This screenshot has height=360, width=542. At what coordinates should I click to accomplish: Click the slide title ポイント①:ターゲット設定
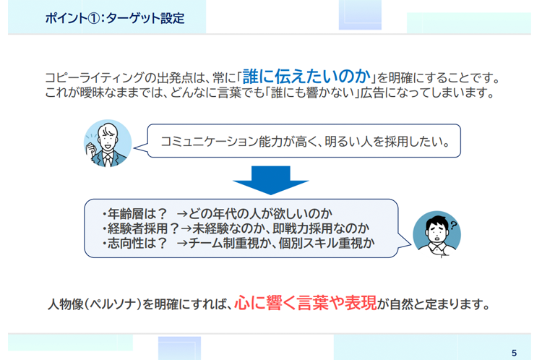pos(115,18)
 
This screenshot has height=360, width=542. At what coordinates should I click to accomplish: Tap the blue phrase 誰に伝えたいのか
pos(306,77)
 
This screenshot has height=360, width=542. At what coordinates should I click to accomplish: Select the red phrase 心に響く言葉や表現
pos(306,303)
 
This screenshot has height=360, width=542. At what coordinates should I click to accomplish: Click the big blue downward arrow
pos(271,180)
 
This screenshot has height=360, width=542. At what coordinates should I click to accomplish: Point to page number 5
pos(514,353)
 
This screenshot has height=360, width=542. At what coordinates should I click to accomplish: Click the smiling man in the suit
pos(108,144)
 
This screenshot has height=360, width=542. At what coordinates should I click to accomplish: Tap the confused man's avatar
pos(437,234)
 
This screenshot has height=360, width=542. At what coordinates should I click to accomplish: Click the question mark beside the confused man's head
pos(453,226)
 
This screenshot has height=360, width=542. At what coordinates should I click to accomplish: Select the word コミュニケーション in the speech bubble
pos(210,142)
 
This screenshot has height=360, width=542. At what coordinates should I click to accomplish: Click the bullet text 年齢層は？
pos(137,214)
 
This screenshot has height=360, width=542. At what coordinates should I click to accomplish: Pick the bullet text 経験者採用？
pos(143,228)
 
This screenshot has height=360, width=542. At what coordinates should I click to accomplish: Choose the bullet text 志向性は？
pos(137,243)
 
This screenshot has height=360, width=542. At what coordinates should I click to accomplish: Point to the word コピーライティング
pos(94,78)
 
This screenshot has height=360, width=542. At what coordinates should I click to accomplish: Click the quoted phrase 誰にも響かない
pos(314,93)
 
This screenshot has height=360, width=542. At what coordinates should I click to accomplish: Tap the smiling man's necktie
pos(108,160)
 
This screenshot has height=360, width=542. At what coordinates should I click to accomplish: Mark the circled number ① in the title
pos(93,18)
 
